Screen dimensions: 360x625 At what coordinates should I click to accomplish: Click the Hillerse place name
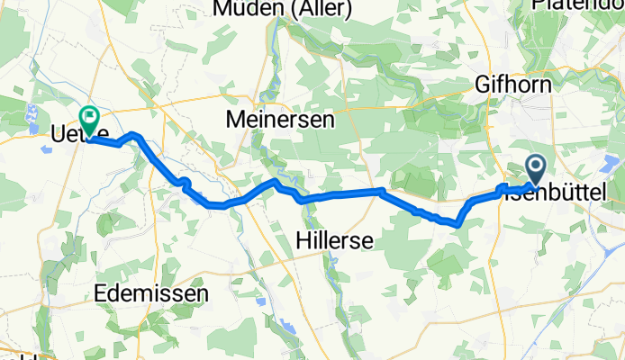tap(335, 240)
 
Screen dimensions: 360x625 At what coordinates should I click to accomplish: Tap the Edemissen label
tap(151, 293)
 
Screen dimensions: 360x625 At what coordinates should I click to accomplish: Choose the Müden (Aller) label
tap(268, 9)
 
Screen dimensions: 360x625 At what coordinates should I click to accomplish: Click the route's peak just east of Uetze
tap(134, 135)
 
